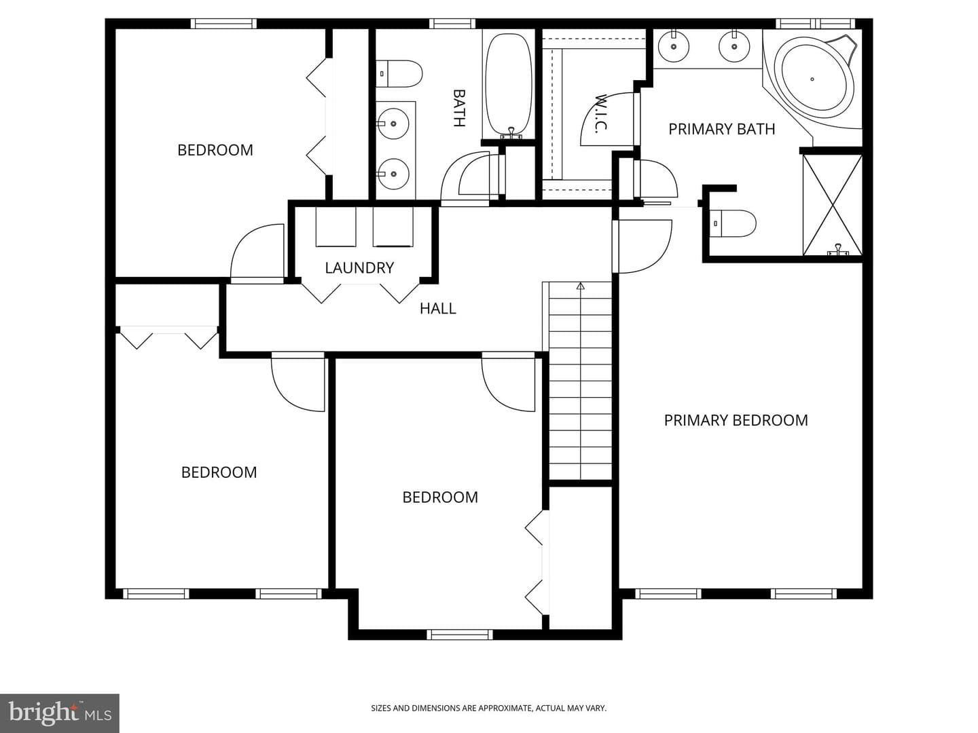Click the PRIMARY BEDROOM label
[736, 421]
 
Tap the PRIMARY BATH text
[722, 129]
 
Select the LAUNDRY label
[359, 268]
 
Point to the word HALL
[438, 308]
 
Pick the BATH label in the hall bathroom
[459, 108]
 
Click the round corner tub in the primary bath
[813, 79]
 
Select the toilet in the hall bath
[399, 74]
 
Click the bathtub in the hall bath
[509, 85]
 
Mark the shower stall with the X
[832, 205]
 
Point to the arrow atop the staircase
[580, 286]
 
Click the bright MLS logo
[59, 713]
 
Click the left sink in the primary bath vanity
[674, 46]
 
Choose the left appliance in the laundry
[336, 227]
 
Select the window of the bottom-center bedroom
[460, 635]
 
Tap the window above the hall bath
[452, 24]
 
